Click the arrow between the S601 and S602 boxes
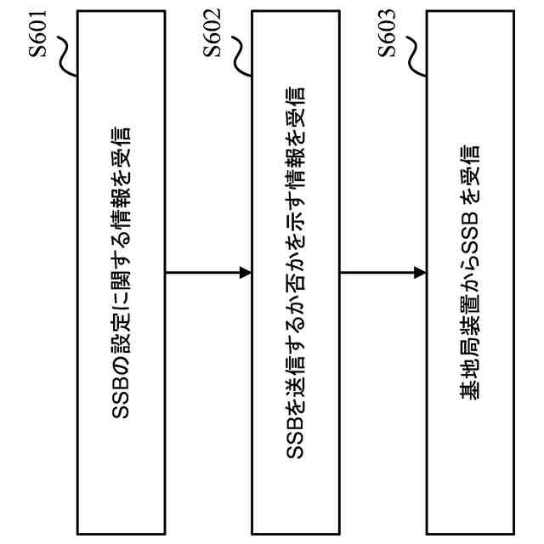[207, 273]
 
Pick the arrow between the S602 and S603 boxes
[382, 273]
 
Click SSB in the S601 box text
[121, 399]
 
